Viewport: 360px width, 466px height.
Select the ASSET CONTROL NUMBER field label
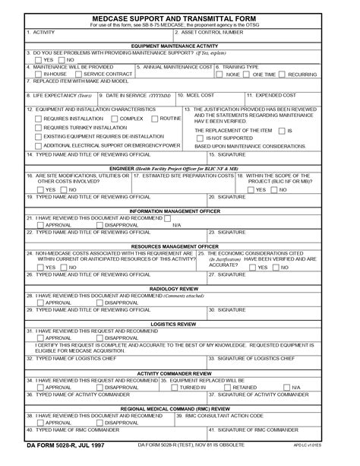tap(211, 32)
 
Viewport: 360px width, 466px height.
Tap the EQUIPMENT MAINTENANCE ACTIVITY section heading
tap(180, 46)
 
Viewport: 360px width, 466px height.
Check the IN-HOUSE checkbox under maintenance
tap(39, 74)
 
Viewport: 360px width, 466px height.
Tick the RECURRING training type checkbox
tap(283, 74)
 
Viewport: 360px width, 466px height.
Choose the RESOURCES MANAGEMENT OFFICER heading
tap(180, 246)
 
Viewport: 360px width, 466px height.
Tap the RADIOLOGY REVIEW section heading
tap(180, 289)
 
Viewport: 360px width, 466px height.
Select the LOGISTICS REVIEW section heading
tap(180, 324)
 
